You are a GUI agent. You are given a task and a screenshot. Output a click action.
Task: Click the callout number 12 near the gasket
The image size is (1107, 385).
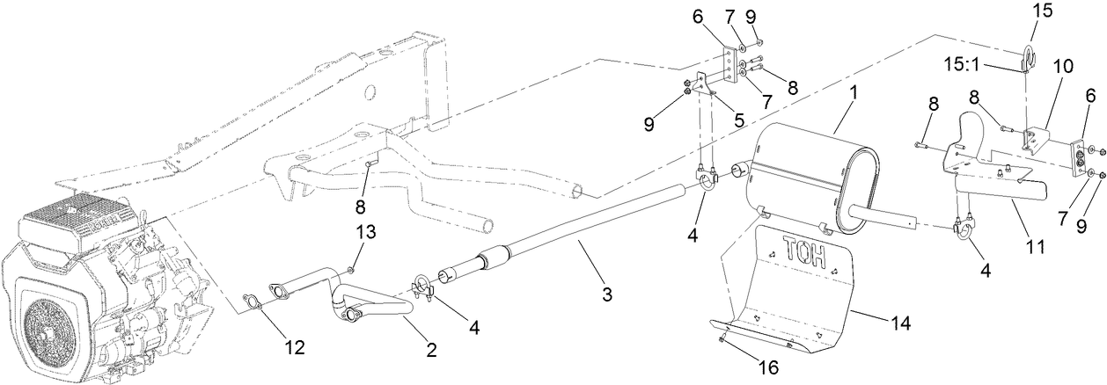(294, 348)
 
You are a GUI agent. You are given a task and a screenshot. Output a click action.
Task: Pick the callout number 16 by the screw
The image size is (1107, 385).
(768, 368)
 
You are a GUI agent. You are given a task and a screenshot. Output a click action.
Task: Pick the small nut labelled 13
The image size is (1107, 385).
(350, 267)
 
